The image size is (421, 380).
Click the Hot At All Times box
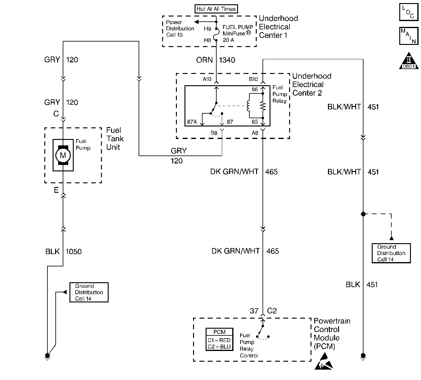click(216, 9)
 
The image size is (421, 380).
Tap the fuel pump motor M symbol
click(63, 155)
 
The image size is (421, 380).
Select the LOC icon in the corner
click(408, 12)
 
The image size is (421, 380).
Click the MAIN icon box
click(408, 36)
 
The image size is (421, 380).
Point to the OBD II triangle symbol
click(409, 61)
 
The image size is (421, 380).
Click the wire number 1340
click(227, 60)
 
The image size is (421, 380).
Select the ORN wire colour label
click(204, 60)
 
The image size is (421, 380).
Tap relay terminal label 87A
click(192, 122)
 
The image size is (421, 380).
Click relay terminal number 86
click(255, 90)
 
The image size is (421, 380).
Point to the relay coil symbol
click(248, 106)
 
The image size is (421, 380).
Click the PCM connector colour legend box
click(219, 339)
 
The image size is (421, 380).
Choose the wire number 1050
click(73, 252)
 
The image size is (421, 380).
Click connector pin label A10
click(207, 79)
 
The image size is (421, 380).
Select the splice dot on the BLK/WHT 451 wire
click(363, 214)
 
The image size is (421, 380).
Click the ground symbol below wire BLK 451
click(363, 356)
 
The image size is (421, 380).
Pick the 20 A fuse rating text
click(228, 40)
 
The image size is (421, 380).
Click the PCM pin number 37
click(254, 311)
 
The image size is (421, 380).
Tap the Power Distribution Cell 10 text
click(180, 29)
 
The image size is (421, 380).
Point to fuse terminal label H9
click(207, 29)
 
